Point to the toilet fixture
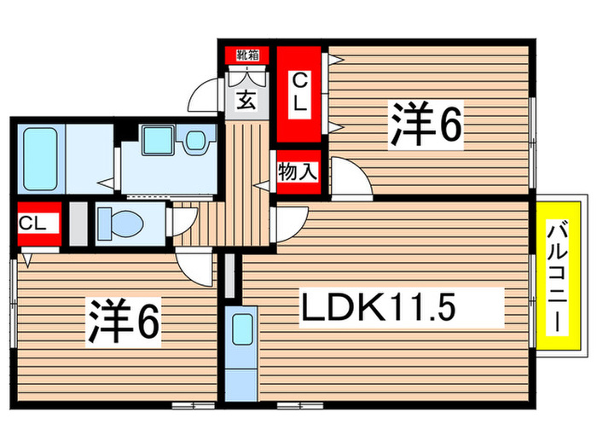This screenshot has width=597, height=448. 119,224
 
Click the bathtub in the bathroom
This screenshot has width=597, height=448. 38,159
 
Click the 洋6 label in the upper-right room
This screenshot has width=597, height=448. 426,125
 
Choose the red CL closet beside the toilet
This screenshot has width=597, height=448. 37,224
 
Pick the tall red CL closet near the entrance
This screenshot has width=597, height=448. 298,94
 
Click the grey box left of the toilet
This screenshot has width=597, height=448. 78,224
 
